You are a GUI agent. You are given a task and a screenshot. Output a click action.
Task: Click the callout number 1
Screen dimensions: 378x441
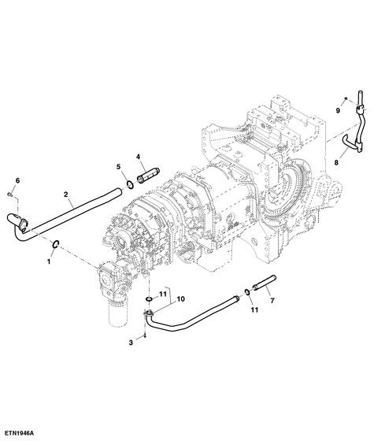49,261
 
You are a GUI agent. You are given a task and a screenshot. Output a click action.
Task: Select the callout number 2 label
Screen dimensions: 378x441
66,194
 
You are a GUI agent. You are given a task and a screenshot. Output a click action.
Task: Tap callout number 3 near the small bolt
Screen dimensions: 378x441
131,343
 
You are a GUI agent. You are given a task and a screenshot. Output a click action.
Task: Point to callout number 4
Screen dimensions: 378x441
138,157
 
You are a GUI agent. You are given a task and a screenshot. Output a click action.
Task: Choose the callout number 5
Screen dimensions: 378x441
118,167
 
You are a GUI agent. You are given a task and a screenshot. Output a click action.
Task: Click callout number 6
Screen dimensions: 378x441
17,180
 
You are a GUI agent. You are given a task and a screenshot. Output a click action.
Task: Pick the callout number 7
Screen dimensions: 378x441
272,301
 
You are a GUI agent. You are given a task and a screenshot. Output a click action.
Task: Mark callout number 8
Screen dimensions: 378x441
336,162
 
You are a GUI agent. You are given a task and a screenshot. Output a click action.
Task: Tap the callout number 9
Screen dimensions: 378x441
338,111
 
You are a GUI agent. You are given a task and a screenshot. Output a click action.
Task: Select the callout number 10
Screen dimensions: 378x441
181,299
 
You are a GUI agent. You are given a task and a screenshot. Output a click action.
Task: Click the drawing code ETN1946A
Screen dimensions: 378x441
19,433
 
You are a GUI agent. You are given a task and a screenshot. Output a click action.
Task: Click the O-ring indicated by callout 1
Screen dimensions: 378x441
56,244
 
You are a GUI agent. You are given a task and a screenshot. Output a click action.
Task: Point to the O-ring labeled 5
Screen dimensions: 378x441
130,185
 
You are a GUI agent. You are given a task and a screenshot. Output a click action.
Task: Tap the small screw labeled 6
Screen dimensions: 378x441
9,194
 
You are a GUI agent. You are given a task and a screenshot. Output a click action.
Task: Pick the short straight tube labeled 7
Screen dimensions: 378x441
265,282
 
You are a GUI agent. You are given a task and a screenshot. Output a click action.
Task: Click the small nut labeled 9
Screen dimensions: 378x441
346,98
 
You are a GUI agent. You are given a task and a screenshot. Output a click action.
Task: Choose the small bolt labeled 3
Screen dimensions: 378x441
145,335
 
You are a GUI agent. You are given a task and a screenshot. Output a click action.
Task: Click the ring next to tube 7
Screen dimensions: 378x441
246,292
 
